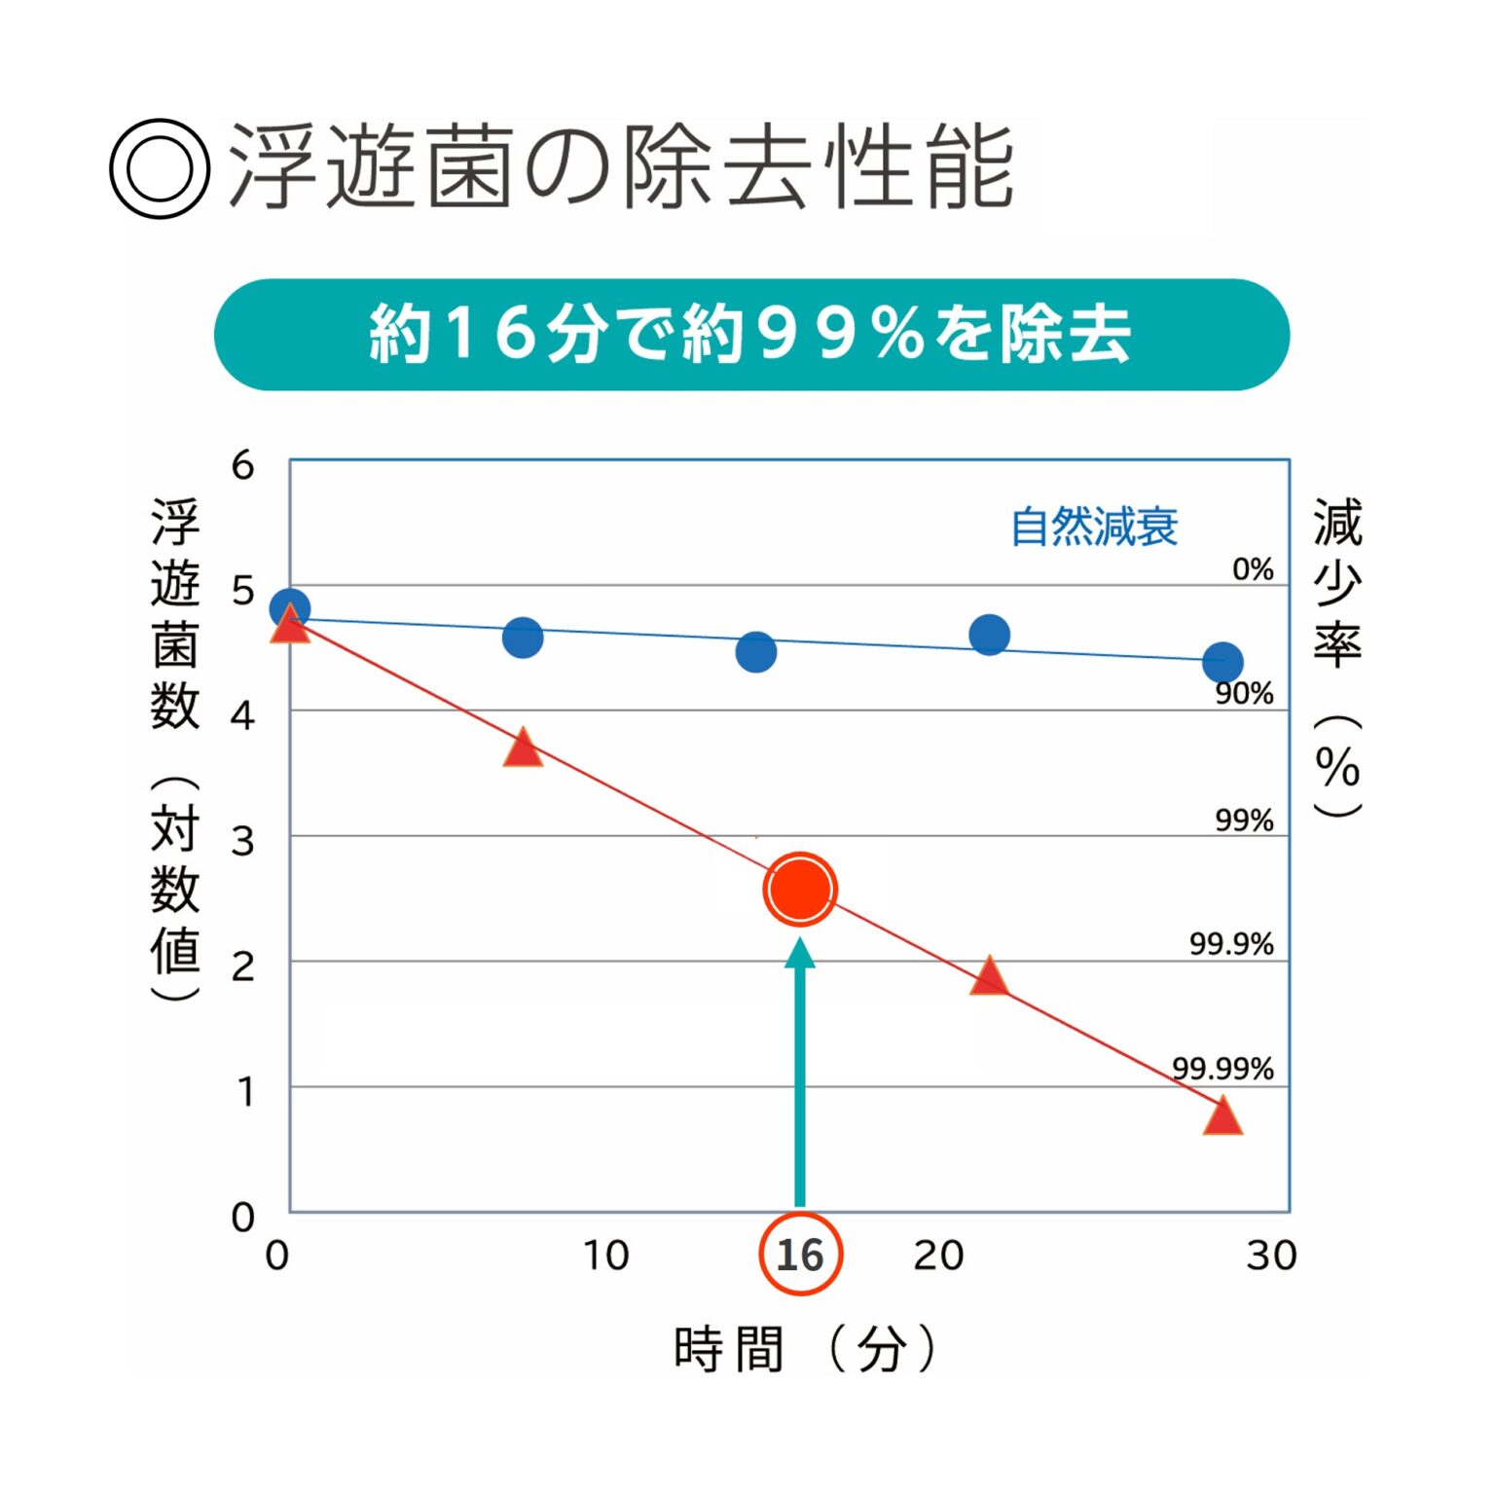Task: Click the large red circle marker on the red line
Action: (799, 889)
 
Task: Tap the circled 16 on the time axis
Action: (799, 1254)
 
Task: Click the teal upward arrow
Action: (799, 1071)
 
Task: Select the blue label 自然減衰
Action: (1094, 527)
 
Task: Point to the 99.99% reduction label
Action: (1222, 1068)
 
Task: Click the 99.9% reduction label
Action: (1230, 943)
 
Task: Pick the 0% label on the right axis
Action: (1252, 568)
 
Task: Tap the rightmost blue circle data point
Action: (1222, 663)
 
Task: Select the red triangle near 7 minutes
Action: (523, 748)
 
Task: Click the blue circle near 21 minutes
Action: (989, 636)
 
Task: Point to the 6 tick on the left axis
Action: (242, 465)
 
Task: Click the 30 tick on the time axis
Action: (1271, 1256)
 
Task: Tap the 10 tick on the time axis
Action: (605, 1256)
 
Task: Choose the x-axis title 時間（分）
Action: (804, 1349)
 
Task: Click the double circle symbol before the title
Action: (159, 168)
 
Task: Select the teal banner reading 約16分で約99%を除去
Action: (751, 335)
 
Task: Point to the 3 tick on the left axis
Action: (242, 841)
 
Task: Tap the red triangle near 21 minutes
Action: (989, 976)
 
